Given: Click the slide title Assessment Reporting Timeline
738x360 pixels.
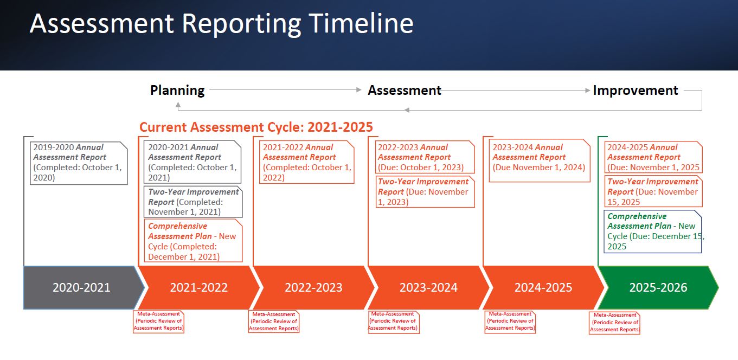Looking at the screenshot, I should point(221,24).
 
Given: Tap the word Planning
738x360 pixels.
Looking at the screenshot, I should point(177,91).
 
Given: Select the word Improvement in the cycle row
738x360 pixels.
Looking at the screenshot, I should point(635,91).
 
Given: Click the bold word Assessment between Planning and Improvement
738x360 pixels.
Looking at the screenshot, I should point(405,91).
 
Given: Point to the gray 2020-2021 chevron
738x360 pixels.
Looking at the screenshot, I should point(81,287).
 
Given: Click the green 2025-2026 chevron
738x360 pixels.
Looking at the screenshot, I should point(658,287).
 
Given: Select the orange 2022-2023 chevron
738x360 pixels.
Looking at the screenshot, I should point(313,287).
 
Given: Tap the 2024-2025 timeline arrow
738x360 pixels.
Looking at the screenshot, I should point(543,287).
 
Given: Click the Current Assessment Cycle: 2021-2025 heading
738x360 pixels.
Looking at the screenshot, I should point(256,127).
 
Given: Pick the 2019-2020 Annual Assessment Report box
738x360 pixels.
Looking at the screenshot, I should point(79,162).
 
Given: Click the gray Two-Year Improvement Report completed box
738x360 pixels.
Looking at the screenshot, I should point(193,202).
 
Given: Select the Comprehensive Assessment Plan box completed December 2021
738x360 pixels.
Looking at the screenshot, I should point(193,241).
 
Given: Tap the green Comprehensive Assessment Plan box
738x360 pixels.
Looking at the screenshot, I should point(652,231).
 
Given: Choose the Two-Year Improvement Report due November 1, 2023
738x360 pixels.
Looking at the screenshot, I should point(425,191).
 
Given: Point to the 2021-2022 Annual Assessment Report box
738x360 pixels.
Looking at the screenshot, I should point(307,162).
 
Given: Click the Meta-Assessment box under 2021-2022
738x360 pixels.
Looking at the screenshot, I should point(159,321).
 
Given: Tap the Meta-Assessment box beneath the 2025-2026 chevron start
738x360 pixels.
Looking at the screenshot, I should point(614,322).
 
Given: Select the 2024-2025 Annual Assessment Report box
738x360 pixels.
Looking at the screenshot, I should point(653,157).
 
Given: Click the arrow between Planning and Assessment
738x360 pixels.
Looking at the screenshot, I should point(285,90).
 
